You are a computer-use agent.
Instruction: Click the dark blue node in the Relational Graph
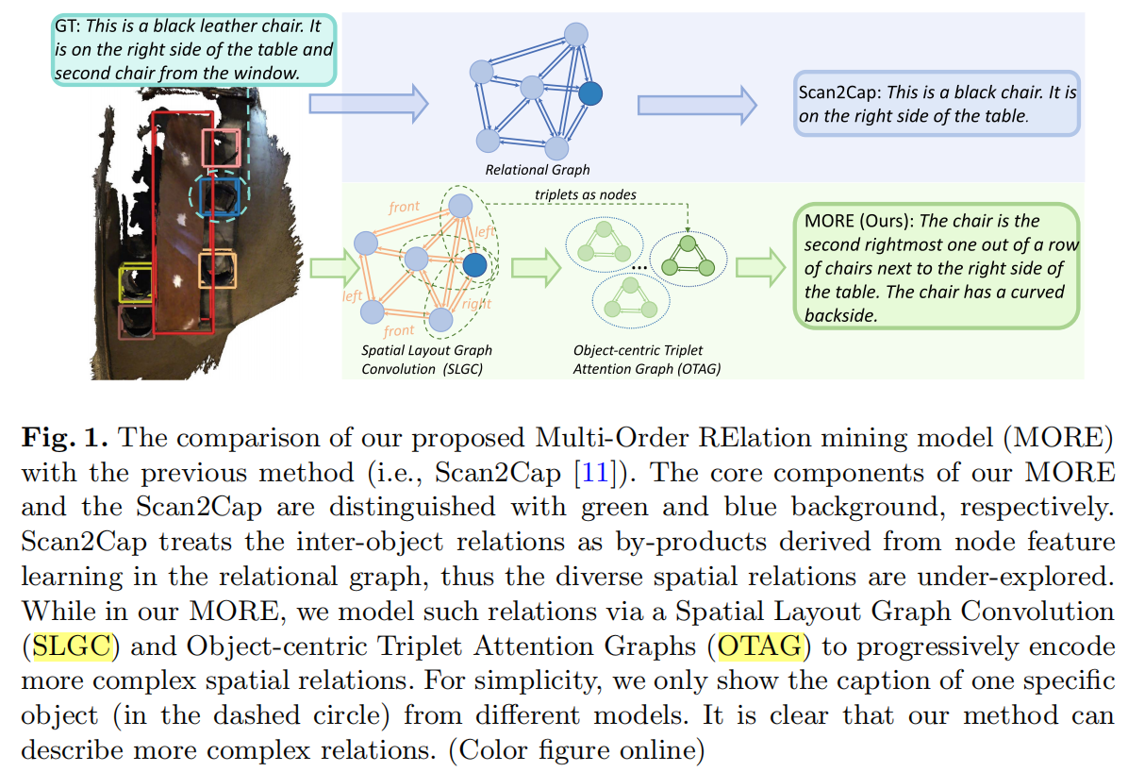[590, 92]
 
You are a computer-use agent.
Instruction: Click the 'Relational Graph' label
[537, 170]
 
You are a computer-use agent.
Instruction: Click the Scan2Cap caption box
[937, 104]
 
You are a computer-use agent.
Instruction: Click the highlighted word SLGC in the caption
[73, 646]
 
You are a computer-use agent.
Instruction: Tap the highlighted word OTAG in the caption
[761, 646]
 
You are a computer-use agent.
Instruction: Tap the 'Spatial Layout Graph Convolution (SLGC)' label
[427, 359]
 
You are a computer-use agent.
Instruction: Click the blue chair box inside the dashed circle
[217, 194]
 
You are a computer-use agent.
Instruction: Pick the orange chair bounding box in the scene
[218, 268]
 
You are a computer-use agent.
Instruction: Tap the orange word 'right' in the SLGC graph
[476, 305]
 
